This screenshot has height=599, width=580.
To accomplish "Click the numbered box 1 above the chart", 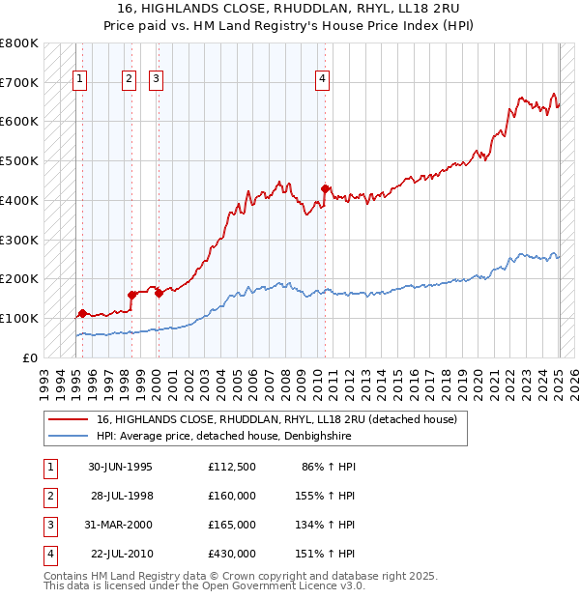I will click(78, 80).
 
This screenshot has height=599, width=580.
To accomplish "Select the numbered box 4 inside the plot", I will click(322, 80).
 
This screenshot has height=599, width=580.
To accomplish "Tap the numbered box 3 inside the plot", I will click(157, 80).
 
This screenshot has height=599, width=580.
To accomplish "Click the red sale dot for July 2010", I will click(325, 188).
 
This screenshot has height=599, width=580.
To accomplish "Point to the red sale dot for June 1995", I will click(83, 313).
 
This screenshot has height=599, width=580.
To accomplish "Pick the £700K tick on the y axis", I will click(20, 82).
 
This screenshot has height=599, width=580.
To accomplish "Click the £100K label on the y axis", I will click(20, 318).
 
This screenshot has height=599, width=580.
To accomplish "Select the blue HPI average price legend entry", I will click(223, 437).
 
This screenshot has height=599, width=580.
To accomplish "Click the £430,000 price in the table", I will click(231, 555).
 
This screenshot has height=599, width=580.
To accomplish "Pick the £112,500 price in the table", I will click(231, 466).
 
